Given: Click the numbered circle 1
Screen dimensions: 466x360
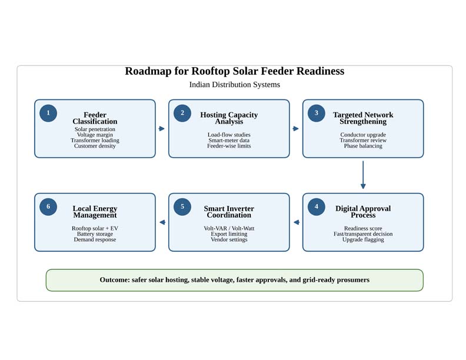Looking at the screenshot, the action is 48,113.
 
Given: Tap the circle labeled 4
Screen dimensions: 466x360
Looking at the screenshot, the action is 316,206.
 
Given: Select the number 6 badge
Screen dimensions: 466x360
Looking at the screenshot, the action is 48,206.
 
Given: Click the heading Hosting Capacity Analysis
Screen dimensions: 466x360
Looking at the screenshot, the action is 229,118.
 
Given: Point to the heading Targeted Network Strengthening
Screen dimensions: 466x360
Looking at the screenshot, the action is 363,118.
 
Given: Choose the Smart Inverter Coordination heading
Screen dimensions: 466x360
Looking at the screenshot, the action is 229,212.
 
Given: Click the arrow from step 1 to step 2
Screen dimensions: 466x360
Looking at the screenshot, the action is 162,129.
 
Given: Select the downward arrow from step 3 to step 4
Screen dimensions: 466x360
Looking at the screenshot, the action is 363,175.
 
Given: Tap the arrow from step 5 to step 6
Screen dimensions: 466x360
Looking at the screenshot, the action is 162,222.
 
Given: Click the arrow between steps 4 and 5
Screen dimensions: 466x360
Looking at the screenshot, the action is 297,222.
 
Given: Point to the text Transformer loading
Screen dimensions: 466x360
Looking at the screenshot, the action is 95,140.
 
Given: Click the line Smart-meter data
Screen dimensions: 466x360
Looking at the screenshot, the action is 229,140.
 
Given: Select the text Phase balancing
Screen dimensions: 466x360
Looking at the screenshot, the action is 363,146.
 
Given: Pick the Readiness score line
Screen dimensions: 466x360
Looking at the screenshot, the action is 363,228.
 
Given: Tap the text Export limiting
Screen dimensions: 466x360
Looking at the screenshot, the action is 229,234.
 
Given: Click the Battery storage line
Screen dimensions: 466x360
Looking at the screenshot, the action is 95,234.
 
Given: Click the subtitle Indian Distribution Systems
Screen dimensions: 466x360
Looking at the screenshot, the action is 235,85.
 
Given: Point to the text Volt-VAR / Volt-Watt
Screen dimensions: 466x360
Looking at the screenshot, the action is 229,228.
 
